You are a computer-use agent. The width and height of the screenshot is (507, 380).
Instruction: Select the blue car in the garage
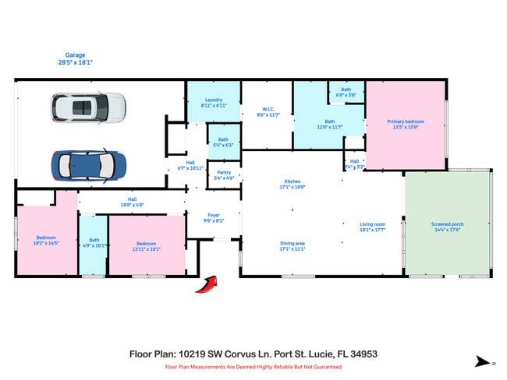88,164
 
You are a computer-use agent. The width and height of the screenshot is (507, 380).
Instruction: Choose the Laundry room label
214,102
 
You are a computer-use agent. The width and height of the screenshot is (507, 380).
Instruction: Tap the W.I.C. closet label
268,111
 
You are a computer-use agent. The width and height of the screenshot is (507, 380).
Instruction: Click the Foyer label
213,217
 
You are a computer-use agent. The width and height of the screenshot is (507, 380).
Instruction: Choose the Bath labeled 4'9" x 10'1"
94,242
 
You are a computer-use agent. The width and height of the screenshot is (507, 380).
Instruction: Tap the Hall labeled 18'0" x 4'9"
132,201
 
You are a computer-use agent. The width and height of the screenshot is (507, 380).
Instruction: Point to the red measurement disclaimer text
253,367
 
